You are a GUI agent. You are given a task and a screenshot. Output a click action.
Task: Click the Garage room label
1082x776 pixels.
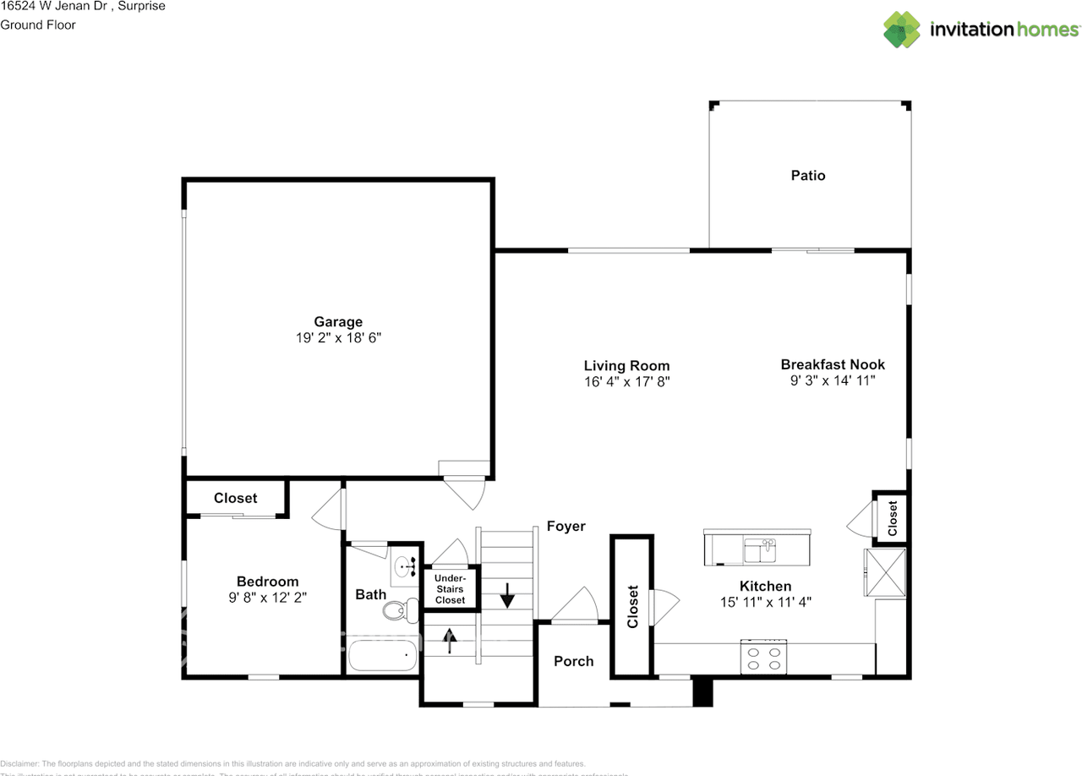pyautogui.click(x=338, y=321)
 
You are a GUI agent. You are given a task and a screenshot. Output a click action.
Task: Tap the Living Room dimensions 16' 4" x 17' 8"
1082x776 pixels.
pyautogui.click(x=626, y=381)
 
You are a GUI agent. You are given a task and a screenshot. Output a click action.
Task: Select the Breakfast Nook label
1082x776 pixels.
pyautogui.click(x=833, y=364)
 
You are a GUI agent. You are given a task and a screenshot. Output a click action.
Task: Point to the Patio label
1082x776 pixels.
pyautogui.click(x=808, y=176)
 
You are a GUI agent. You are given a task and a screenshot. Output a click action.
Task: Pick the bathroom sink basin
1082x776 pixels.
pyautogui.click(x=403, y=565)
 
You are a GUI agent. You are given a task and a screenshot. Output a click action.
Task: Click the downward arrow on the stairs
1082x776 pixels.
pyautogui.click(x=507, y=596)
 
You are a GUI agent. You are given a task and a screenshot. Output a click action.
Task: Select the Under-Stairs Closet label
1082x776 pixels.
pyautogui.click(x=450, y=588)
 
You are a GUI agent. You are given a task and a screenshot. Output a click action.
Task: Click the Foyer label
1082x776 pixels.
pyautogui.click(x=566, y=526)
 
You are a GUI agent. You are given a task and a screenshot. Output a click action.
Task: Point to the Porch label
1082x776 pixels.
pyautogui.click(x=574, y=661)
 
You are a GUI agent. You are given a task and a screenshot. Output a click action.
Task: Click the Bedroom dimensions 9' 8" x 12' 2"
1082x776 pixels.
pyautogui.click(x=267, y=597)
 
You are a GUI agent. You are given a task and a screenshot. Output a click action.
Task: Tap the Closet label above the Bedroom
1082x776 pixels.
pyautogui.click(x=236, y=498)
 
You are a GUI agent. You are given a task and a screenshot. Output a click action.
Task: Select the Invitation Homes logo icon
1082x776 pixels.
pyautogui.click(x=903, y=30)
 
